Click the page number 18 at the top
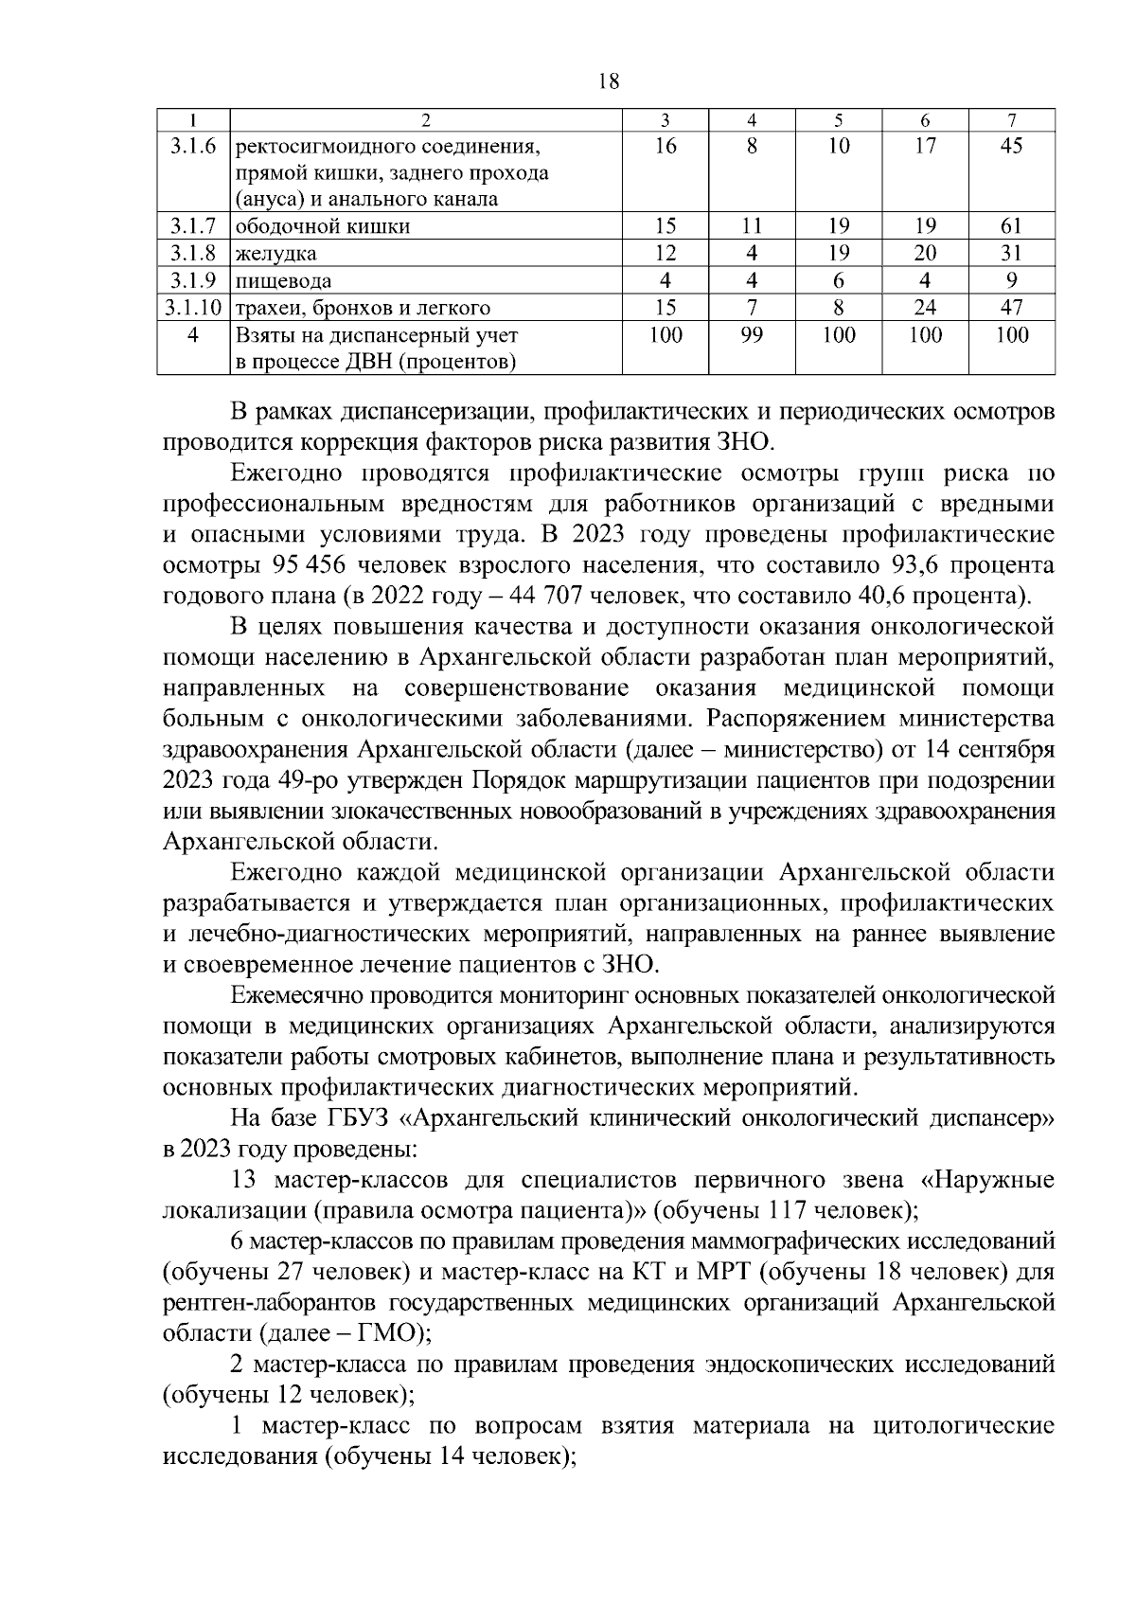tap(609, 81)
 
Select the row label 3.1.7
tap(193, 226)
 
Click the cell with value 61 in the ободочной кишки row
tap(1011, 226)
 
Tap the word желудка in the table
tap(275, 254)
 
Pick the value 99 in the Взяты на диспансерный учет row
tap(752, 335)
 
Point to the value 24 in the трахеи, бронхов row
tap(925, 308)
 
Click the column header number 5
tap(838, 120)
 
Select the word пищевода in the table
tap(283, 281)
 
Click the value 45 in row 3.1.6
tap(1011, 147)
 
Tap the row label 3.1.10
tap(193, 308)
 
